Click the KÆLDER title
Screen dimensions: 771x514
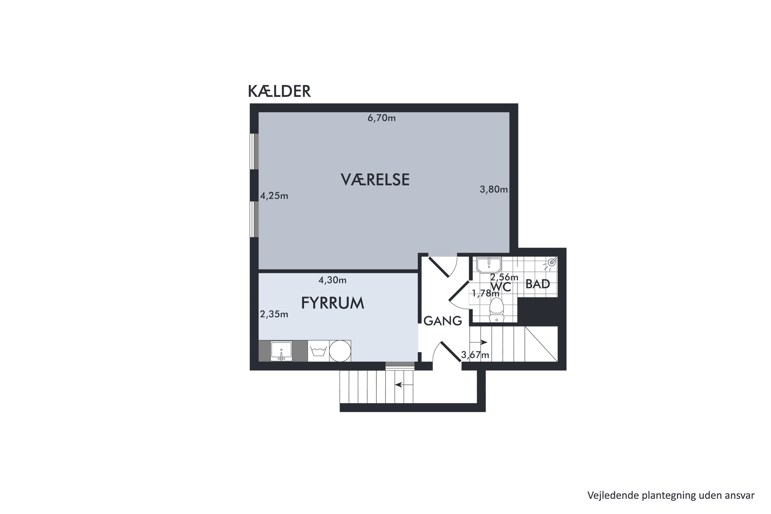279,91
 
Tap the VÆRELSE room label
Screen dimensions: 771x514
375,180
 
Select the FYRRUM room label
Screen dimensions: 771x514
333,303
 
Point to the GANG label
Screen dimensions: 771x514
443,321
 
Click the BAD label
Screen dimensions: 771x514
537,284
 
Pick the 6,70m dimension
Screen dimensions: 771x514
381,118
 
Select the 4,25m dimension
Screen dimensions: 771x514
274,196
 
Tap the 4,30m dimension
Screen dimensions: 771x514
332,280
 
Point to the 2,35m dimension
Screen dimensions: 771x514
274,314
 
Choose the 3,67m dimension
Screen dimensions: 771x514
475,355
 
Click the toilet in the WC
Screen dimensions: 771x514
496,310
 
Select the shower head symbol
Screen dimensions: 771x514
552,262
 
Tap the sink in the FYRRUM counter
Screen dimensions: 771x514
281,351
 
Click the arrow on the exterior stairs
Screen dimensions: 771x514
404,385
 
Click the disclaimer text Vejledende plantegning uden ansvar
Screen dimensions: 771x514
671,495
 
